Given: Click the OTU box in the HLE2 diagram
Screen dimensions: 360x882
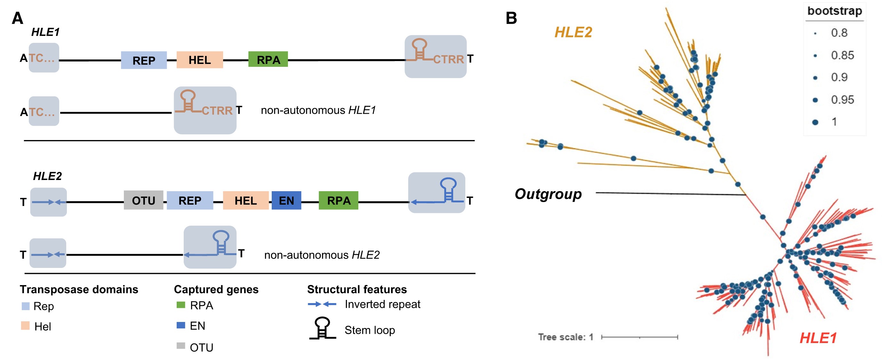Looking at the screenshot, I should (x=143, y=200).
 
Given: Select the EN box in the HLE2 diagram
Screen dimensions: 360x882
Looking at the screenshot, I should (x=286, y=200).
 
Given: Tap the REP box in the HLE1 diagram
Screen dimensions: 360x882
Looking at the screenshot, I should (x=144, y=60).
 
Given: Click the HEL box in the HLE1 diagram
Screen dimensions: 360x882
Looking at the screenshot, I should (x=200, y=60).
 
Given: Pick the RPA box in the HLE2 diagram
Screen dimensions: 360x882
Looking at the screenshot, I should (x=338, y=200).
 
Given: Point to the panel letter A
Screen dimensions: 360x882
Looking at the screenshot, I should (x=18, y=18).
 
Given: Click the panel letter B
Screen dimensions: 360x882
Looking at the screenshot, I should (x=511, y=18).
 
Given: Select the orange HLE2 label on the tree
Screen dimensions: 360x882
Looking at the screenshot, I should (x=573, y=33).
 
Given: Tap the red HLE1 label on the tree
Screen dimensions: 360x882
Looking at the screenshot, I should (x=818, y=338).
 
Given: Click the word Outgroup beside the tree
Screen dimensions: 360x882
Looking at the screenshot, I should (x=548, y=194).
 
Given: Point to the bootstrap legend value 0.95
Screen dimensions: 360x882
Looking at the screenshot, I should (x=842, y=99).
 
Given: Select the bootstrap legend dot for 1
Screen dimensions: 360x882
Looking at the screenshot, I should (x=815, y=122).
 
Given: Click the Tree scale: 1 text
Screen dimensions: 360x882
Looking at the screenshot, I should (x=565, y=337).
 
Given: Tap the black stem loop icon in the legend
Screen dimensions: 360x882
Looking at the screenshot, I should (x=323, y=328).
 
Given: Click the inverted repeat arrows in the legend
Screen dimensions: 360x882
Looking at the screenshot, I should (x=322, y=304).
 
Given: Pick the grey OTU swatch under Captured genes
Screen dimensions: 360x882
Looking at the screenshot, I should (x=181, y=346).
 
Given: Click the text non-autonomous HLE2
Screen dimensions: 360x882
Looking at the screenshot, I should (x=322, y=255).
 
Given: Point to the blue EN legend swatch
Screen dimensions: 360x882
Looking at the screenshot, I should (x=181, y=325).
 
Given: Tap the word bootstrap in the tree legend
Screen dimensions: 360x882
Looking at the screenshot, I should (x=834, y=11).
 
